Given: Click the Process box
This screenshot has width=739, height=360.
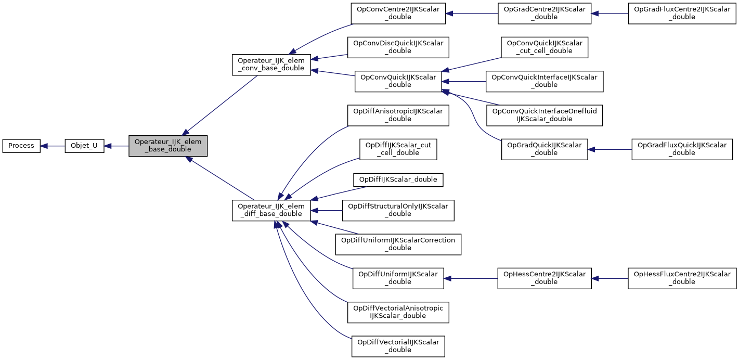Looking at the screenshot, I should point(21,146).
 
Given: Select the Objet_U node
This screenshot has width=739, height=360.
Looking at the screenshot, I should point(84,146).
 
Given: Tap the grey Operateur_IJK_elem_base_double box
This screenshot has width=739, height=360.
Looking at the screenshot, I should point(168,146).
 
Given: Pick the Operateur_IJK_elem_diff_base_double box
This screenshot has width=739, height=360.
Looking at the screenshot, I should point(271,210).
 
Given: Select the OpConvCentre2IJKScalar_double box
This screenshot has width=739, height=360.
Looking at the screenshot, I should point(398,13).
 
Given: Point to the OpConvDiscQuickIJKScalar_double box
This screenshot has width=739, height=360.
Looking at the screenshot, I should point(398,47).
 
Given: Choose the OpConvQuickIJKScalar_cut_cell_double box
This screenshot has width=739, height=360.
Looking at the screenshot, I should point(544,47).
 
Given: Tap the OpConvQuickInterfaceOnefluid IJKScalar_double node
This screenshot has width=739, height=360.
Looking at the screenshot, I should point(544,115).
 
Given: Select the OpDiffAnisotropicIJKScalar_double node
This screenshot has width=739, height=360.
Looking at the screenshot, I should point(398,115).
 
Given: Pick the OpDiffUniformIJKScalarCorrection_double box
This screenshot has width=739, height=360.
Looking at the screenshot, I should point(398,244).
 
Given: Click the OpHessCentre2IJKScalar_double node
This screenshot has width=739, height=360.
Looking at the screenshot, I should point(544,278).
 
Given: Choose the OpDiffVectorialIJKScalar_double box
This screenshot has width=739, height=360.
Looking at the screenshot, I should point(398,346).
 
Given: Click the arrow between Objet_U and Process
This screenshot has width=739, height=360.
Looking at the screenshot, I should point(53,146).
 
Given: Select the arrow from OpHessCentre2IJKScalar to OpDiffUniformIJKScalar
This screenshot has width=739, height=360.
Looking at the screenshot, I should point(471,278).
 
